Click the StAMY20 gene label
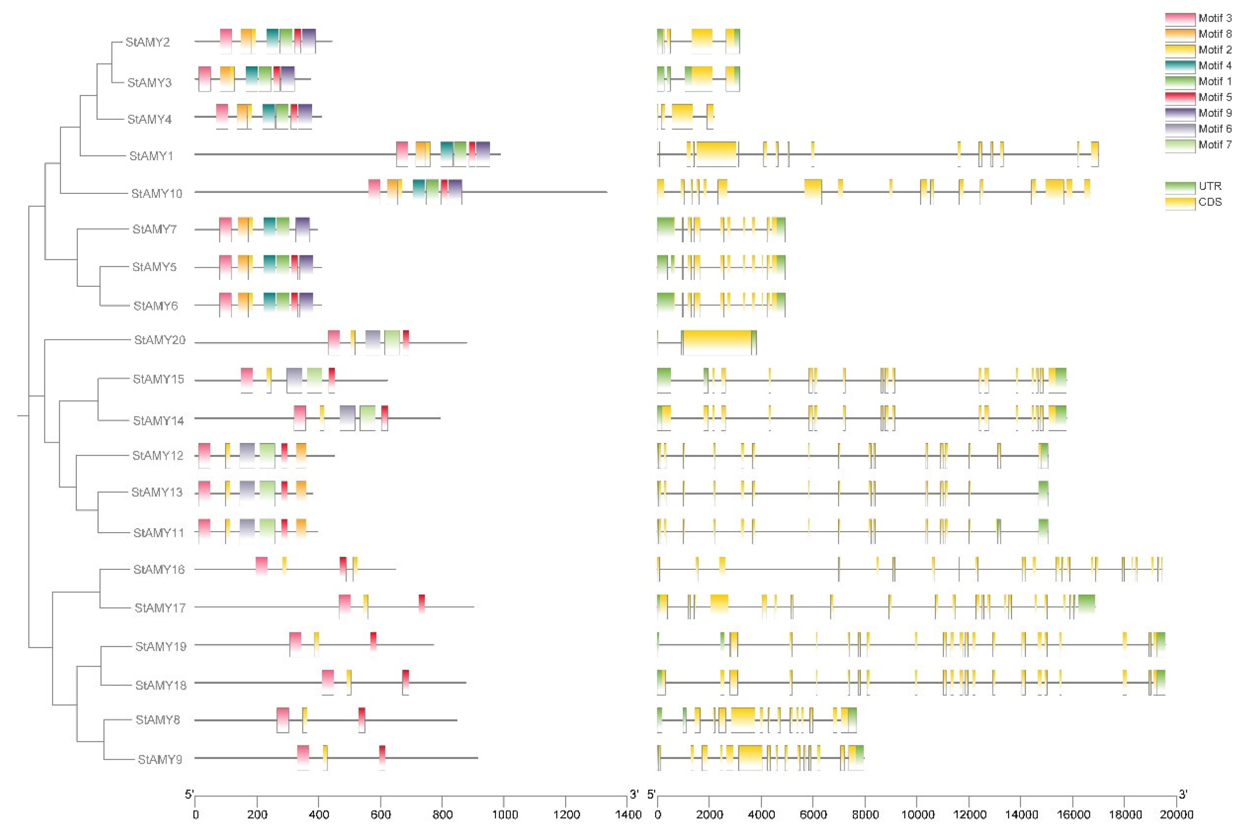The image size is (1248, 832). pyautogui.click(x=159, y=340)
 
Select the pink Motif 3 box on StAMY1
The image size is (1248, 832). pyautogui.click(x=402, y=154)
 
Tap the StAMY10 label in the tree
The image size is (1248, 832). pyautogui.click(x=157, y=194)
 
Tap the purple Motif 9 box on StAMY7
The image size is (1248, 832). pyautogui.click(x=302, y=229)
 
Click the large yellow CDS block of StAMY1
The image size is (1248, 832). pyautogui.click(x=716, y=154)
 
